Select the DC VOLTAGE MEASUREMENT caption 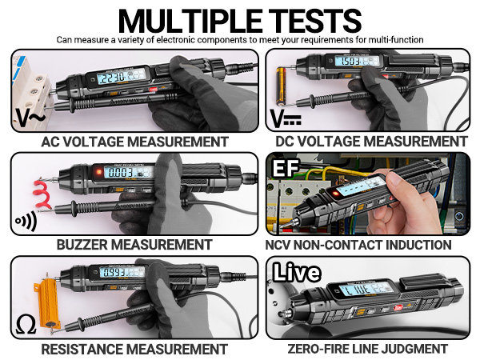(370, 142)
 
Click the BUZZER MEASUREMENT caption (134, 244)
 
